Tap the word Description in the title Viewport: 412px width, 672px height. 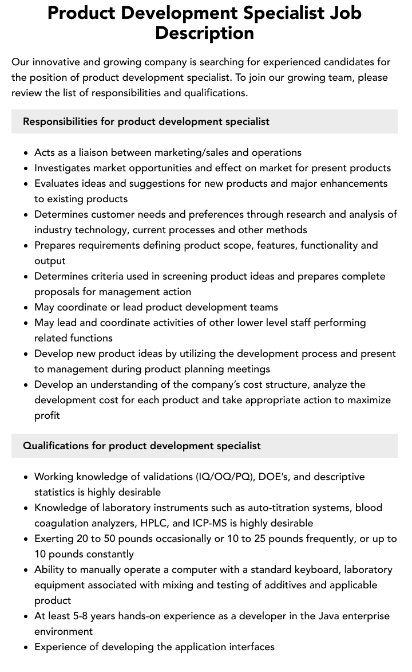[x=204, y=33]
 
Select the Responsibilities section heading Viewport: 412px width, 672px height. [x=146, y=121]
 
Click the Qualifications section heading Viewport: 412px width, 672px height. [x=141, y=446]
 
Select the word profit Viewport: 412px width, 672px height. [x=47, y=415]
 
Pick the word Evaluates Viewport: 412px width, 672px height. [x=58, y=183]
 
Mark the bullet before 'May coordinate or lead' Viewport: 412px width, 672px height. [x=26, y=308]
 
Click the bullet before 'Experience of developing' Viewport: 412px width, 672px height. [x=26, y=647]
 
